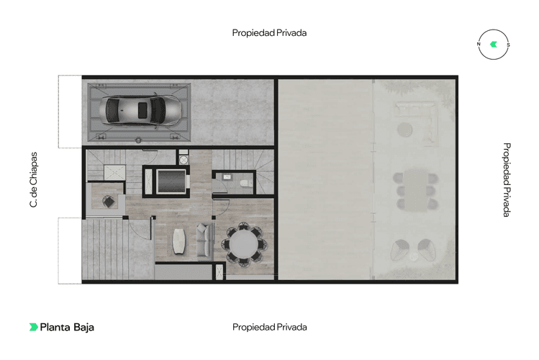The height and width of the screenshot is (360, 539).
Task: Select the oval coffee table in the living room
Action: [180, 240]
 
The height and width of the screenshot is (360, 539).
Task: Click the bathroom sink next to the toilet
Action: [227, 176]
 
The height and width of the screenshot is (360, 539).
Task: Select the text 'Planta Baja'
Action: [67, 327]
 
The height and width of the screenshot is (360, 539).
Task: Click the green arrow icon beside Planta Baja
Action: [33, 327]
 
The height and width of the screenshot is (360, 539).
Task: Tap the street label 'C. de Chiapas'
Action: [33, 180]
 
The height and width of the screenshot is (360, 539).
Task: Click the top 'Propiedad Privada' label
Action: [270, 32]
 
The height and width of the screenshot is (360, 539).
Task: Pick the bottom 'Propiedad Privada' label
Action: [270, 327]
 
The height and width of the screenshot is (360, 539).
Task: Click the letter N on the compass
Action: [479, 45]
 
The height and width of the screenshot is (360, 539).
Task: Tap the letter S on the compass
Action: [508, 45]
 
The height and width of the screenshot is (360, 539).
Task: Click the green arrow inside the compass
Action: [493, 45]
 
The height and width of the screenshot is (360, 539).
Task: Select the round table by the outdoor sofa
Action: [405, 130]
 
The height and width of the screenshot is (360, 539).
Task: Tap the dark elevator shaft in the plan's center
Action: [167, 181]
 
